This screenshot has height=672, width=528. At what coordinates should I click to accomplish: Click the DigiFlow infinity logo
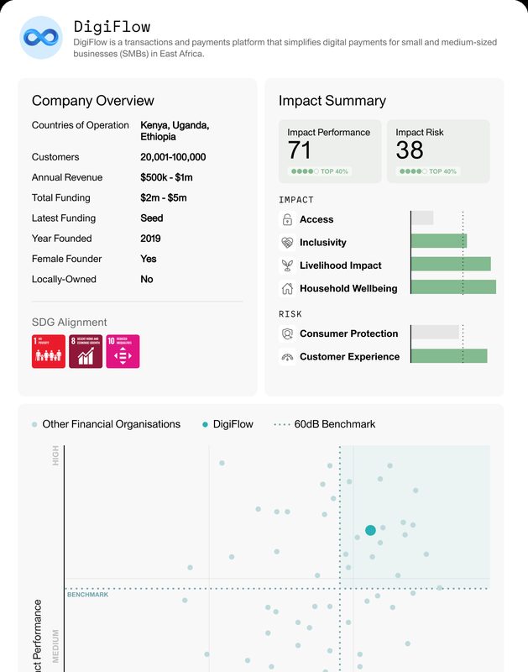click(40, 38)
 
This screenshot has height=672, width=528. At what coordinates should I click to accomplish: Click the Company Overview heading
click(92, 101)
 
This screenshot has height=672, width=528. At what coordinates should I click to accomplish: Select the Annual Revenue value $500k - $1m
click(166, 177)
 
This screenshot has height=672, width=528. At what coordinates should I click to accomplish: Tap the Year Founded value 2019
click(150, 239)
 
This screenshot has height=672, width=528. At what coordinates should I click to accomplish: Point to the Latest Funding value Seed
click(151, 218)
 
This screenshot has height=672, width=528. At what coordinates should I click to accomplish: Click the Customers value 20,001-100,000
click(173, 157)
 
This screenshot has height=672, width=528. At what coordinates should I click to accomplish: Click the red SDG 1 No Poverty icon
click(48, 351)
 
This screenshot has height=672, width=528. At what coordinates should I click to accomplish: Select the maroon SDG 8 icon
click(86, 351)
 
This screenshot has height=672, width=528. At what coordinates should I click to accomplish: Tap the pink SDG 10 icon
click(123, 351)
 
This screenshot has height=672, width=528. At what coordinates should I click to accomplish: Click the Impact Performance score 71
click(300, 150)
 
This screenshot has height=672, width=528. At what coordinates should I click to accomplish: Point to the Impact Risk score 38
click(409, 150)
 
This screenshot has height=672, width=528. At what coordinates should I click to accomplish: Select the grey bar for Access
click(422, 218)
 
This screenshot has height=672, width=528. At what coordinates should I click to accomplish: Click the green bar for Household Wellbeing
click(453, 287)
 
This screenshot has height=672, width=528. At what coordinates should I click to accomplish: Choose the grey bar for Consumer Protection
click(435, 333)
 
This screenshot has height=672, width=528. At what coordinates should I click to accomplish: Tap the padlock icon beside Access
click(287, 219)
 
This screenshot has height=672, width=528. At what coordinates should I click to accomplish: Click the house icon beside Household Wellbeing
click(287, 288)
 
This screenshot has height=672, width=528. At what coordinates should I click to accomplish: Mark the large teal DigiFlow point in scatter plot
click(370, 530)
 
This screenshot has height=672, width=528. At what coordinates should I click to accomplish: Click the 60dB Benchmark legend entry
click(325, 424)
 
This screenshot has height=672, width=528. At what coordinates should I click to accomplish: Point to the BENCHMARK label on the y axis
click(88, 595)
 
